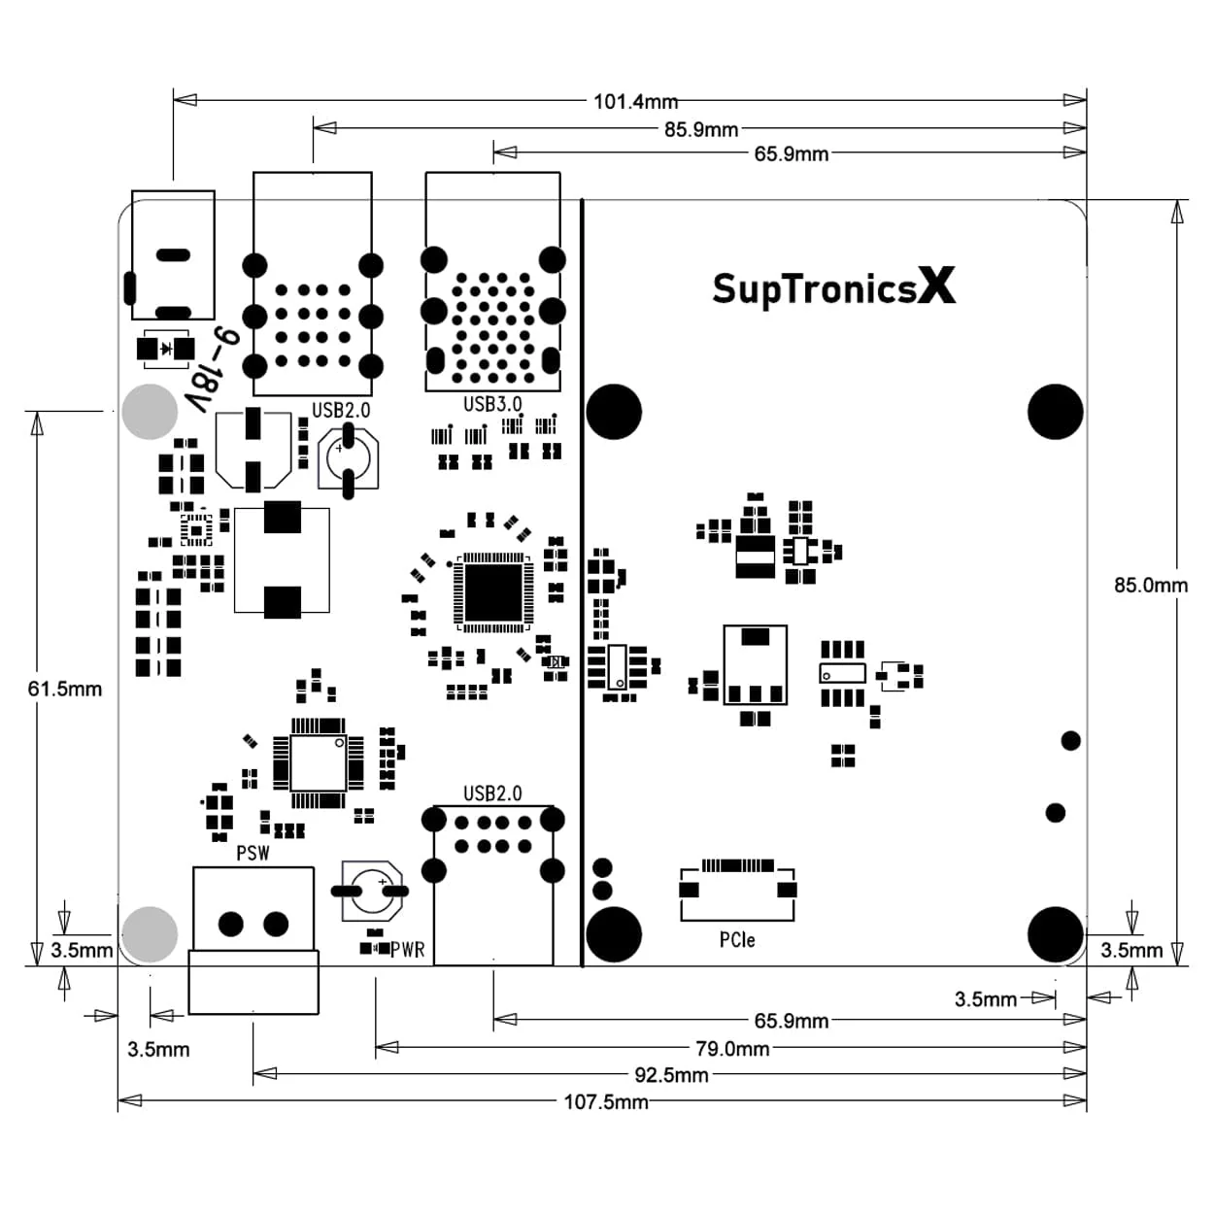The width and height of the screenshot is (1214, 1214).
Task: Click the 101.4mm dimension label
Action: [x=635, y=101]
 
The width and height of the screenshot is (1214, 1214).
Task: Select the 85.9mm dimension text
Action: [x=700, y=129]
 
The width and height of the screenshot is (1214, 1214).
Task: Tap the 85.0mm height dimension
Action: [x=1150, y=585]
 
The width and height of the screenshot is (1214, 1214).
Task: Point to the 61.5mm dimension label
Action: [x=64, y=689]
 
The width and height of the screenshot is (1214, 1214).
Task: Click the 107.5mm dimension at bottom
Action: [x=606, y=1101]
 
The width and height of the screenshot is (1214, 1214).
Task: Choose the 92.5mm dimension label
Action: [x=671, y=1075]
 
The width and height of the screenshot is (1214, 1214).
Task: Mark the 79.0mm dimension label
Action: [x=732, y=1049]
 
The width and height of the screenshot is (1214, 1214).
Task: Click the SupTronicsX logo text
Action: [x=833, y=288]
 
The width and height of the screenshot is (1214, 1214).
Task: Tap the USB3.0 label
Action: [x=492, y=404]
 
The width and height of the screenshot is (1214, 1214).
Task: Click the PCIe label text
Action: [x=737, y=939]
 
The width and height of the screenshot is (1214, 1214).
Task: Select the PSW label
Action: [x=253, y=854]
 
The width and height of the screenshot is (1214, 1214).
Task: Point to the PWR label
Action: [x=408, y=949]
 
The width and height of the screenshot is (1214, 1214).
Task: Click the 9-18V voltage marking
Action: [x=213, y=369]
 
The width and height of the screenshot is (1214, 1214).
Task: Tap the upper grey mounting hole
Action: [x=150, y=412]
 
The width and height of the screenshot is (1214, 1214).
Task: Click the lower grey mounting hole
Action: [x=150, y=933]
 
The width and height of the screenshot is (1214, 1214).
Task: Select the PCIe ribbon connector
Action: [x=737, y=889]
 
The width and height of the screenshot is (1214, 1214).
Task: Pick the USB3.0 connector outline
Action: [x=492, y=282]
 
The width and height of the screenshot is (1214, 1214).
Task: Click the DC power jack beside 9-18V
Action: [x=173, y=255]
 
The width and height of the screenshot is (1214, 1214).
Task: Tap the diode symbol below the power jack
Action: [x=165, y=348]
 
